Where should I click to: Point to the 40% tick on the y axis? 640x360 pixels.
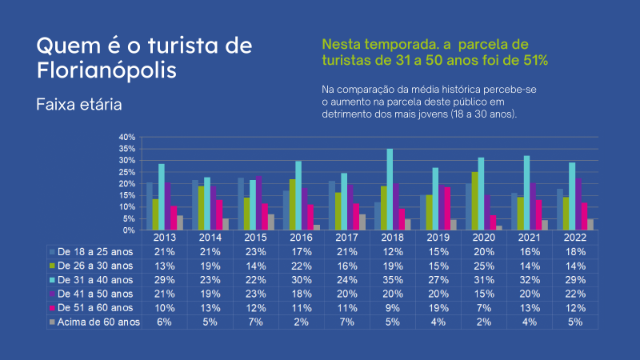[x=129, y=138]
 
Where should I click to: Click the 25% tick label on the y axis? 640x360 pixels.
[x=129, y=172]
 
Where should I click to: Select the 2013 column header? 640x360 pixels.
[x=165, y=237]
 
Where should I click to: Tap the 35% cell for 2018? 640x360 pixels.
[x=392, y=278]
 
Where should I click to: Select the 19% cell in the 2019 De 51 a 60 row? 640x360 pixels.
[x=438, y=307]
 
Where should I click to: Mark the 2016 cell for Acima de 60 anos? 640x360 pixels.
[x=301, y=322]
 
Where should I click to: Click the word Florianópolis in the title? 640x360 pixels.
[x=107, y=70]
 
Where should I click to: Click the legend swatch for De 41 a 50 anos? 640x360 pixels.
[x=53, y=293]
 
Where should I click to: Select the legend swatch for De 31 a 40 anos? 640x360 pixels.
[x=53, y=278]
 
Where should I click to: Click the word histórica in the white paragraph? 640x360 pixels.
[x=462, y=88]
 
